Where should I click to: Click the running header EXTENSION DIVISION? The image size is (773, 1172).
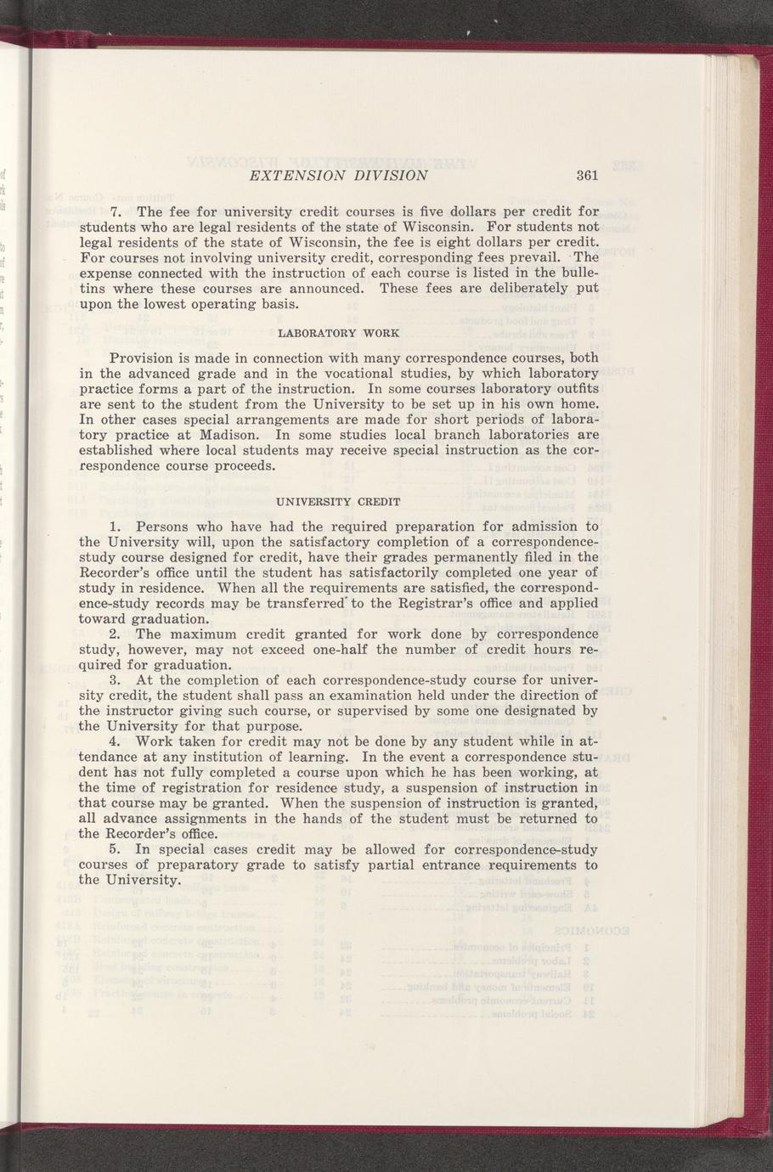click(335, 176)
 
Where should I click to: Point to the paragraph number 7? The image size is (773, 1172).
click(116, 211)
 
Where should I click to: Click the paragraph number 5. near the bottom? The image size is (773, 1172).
click(116, 849)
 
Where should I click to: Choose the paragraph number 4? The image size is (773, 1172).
click(116, 741)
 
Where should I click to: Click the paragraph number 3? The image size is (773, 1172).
click(116, 680)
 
